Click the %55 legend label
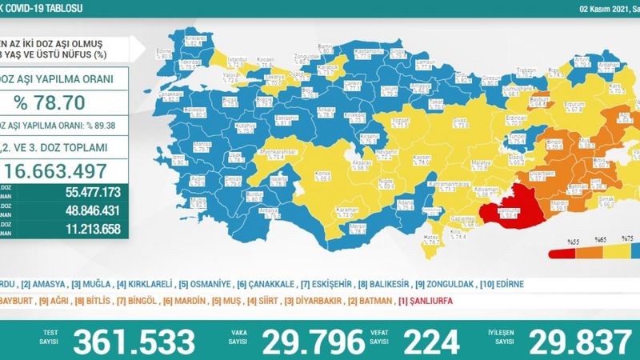(573, 240)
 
